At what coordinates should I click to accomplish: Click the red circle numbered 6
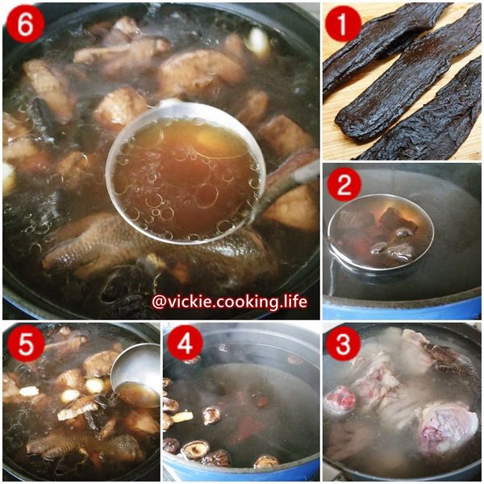24,24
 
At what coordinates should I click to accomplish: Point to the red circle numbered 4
185,344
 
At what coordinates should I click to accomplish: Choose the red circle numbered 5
24,344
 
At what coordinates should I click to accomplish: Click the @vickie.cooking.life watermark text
229,302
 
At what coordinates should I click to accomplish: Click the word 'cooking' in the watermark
239,302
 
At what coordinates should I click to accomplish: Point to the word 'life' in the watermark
291,302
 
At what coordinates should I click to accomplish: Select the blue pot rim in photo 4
242,471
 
